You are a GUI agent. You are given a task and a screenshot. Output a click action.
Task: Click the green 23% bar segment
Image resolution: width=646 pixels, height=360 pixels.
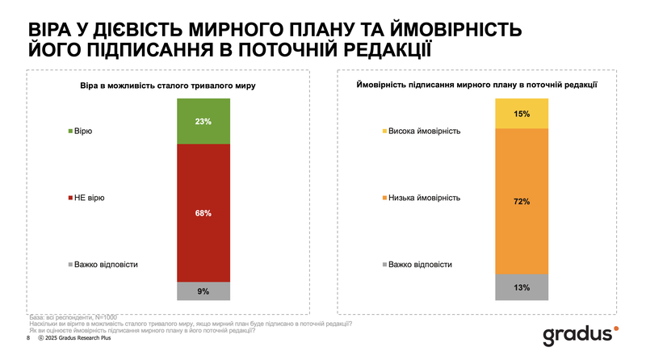pyautogui.click(x=203, y=121)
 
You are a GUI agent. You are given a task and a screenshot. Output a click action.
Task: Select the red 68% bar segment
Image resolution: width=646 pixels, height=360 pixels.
pyautogui.click(x=203, y=213)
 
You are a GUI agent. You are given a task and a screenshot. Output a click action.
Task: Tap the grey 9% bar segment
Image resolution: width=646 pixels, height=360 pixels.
pyautogui.click(x=203, y=291)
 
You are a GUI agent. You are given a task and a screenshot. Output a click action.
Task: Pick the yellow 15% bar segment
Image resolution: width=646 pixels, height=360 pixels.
pyautogui.click(x=521, y=113)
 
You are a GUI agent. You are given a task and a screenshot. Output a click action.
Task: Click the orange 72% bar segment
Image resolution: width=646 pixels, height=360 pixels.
pyautogui.click(x=521, y=201)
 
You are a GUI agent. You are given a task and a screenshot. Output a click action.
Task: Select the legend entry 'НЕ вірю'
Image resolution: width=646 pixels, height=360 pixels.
pyautogui.click(x=90, y=197)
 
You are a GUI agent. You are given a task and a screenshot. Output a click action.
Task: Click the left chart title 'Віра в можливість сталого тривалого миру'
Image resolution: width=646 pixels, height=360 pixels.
pyautogui.click(x=166, y=84)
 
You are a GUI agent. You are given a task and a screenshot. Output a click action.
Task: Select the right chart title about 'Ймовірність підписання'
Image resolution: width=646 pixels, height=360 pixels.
pyautogui.click(x=476, y=84)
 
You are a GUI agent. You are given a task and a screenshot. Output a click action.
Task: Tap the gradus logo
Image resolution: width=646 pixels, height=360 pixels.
pyautogui.click(x=579, y=334)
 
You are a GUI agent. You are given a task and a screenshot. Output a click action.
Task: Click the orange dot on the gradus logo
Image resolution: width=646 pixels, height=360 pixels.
pyautogui.click(x=617, y=328)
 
